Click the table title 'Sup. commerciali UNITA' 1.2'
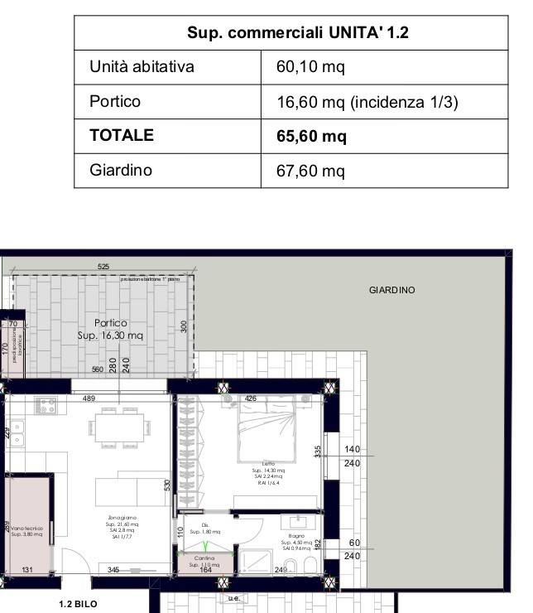tap(298, 33)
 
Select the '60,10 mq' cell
tap(305, 67)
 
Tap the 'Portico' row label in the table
tap(115, 102)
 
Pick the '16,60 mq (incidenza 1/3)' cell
tap(367, 102)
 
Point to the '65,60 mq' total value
tap(311, 137)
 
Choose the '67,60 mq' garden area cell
tap(310, 171)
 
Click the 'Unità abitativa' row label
tap(142, 67)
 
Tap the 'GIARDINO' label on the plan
tap(391, 291)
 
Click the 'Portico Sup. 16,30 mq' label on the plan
tap(110, 330)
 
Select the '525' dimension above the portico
tap(103, 267)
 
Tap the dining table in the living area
tap(120, 428)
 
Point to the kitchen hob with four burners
tap(46, 407)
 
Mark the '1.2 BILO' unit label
tap(78, 604)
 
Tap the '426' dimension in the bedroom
tap(251, 398)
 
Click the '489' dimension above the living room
tap(89, 398)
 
